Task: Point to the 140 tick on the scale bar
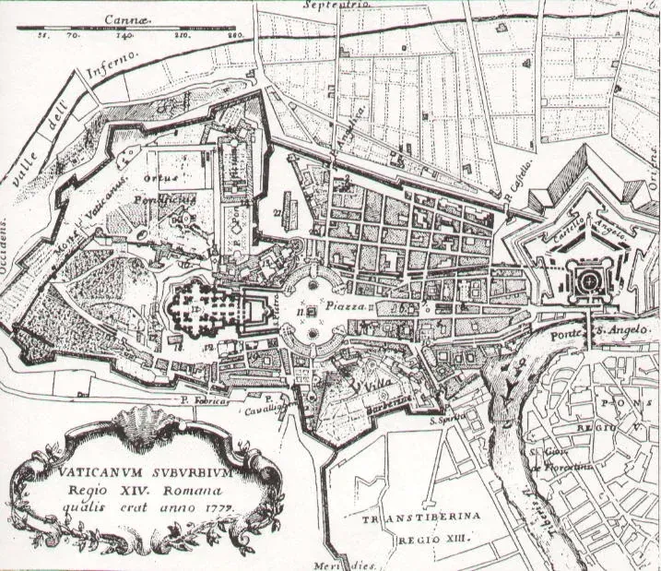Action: click(x=126, y=36)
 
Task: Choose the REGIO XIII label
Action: click(x=441, y=538)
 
